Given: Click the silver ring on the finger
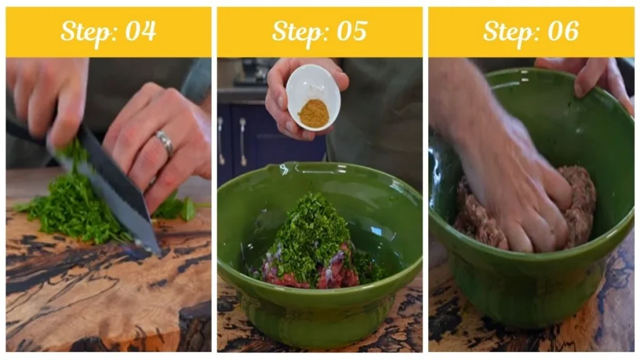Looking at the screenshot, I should pyautogui.click(x=166, y=143).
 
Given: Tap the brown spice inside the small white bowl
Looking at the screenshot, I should pyautogui.click(x=314, y=113).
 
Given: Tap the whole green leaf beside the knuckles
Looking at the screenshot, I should pyautogui.click(x=187, y=209).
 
